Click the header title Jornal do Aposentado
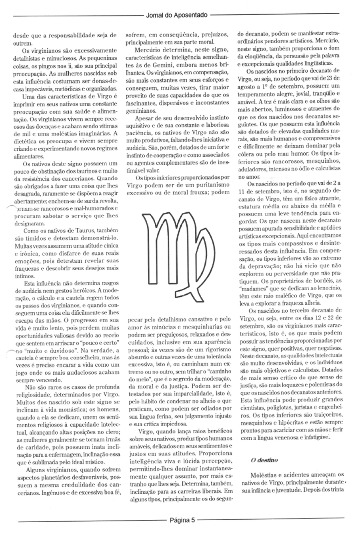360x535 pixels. pyautogui.click(x=177, y=16)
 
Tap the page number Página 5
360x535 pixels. pyautogui.click(x=182, y=520)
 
